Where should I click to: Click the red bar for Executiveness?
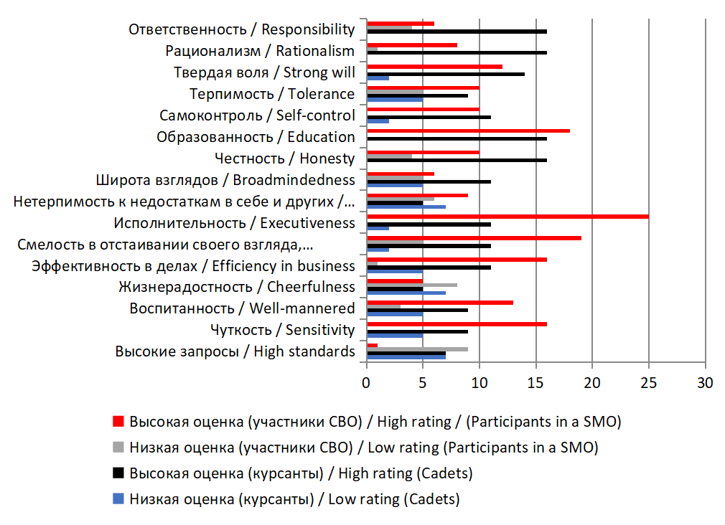coord(507,217)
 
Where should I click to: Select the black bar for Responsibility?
coord(457,32)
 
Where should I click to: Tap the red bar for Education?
coord(468,131)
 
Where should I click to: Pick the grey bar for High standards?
coord(417,349)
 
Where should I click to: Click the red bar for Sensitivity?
coord(457,324)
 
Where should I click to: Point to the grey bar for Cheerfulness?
coord(411,285)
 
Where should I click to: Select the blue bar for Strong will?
coord(378,77)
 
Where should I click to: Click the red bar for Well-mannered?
coord(439,303)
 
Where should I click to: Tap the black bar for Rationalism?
coord(457,52)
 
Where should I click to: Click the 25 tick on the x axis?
coord(649,383)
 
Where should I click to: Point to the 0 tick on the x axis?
coord(367,383)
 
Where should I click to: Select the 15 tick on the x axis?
coord(536,383)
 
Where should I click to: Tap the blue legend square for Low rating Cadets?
coord(119,499)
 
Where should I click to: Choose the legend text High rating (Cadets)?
coord(301,473)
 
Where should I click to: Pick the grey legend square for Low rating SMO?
coord(119,448)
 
